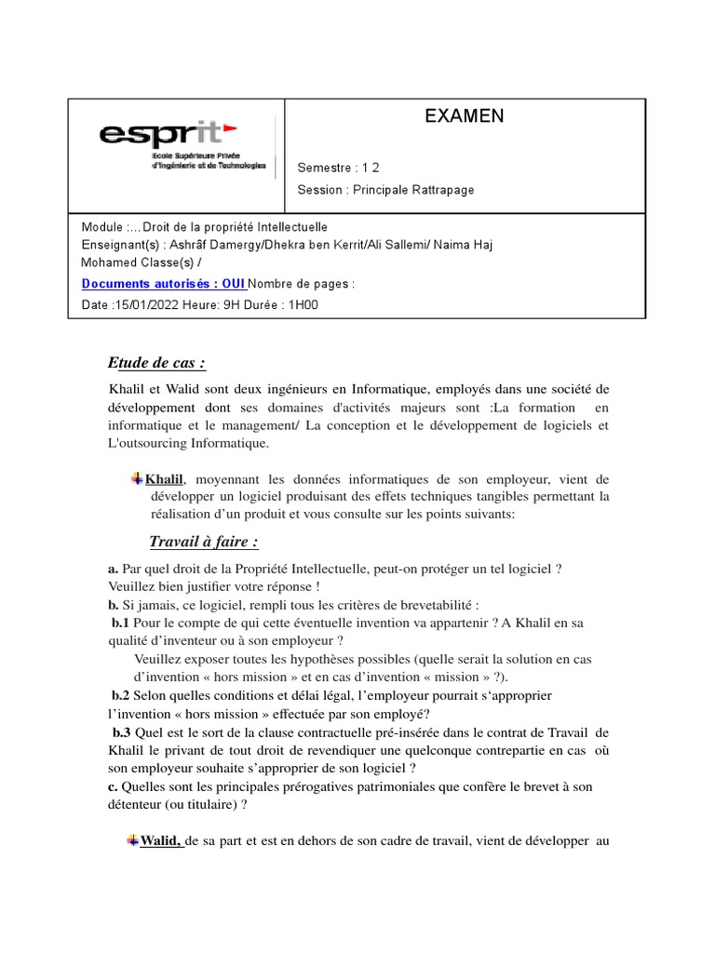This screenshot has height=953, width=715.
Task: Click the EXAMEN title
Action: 464,116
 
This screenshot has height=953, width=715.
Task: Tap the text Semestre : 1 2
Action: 338,168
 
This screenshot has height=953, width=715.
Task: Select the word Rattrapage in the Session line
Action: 442,190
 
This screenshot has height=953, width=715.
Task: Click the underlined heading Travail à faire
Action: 203,542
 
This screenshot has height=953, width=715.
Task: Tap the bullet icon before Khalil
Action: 137,478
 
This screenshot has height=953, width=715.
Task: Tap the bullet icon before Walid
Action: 131,841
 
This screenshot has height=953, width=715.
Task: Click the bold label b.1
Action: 121,623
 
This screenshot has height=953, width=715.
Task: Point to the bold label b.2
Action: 121,695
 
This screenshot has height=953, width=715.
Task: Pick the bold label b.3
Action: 121,732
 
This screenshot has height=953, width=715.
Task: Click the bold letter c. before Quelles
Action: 114,786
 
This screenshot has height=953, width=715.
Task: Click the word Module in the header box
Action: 101,227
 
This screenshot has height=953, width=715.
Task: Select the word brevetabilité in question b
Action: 436,605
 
